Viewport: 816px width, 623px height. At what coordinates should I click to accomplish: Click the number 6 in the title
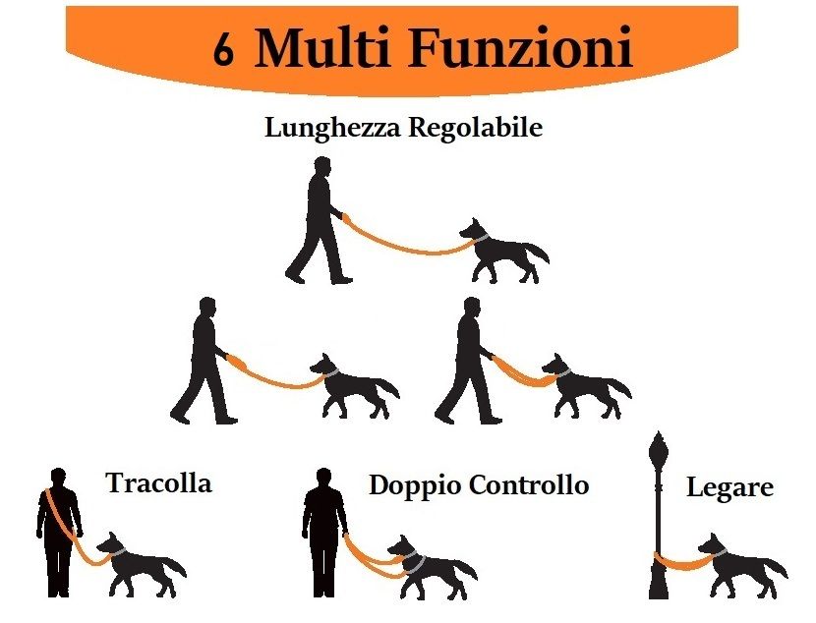pyautogui.click(x=223, y=49)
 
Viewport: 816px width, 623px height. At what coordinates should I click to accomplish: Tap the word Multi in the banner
pyautogui.click(x=322, y=47)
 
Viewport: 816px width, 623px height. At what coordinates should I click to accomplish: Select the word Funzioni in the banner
pyautogui.click(x=520, y=47)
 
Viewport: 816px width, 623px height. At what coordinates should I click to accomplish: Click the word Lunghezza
pyautogui.click(x=333, y=129)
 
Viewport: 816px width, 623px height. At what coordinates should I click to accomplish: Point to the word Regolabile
pyautogui.click(x=475, y=127)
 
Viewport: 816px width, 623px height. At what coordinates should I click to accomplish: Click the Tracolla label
pyautogui.click(x=159, y=482)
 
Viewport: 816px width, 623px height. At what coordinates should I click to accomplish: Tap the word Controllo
pyautogui.click(x=529, y=484)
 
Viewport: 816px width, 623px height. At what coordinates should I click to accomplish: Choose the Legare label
pyautogui.click(x=729, y=487)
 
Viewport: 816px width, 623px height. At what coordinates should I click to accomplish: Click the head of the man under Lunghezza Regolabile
pyautogui.click(x=322, y=166)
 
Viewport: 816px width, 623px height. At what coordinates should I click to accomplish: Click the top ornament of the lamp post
pyautogui.click(x=659, y=444)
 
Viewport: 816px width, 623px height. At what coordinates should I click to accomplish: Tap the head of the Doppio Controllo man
pyautogui.click(x=323, y=479)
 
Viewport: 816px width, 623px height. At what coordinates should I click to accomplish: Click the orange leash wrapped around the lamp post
pyautogui.click(x=681, y=564)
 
